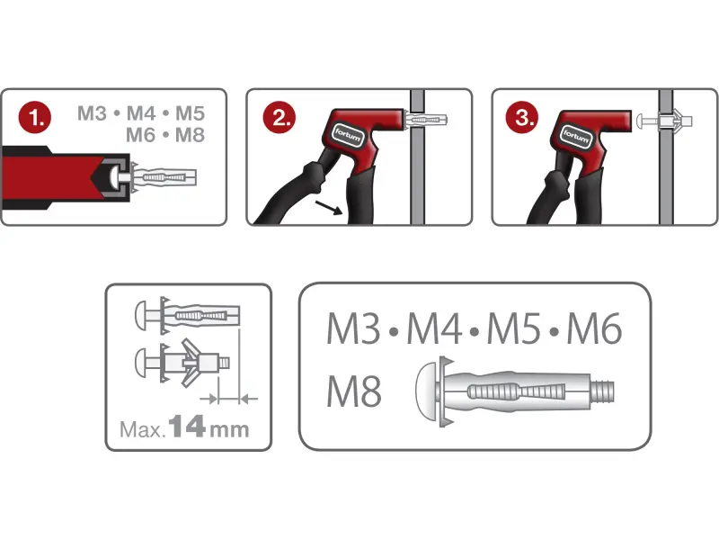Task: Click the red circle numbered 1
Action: click(x=34, y=118)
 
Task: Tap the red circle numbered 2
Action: click(x=280, y=118)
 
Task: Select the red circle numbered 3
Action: click(x=522, y=118)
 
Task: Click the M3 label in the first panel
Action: click(x=93, y=113)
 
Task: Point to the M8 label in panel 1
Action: click(x=190, y=135)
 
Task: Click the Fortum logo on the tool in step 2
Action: click(x=348, y=135)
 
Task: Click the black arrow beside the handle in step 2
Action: click(x=329, y=208)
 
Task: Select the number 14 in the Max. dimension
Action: click(x=187, y=426)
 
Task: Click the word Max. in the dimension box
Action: click(x=142, y=430)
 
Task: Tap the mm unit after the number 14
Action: click(x=229, y=430)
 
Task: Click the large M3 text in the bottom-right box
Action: click(x=353, y=328)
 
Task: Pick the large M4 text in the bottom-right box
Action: click(x=434, y=328)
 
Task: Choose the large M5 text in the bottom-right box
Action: click(x=514, y=328)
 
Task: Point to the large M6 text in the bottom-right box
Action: click(x=595, y=328)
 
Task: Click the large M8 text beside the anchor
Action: click(x=353, y=391)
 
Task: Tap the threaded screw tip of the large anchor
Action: click(x=602, y=391)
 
